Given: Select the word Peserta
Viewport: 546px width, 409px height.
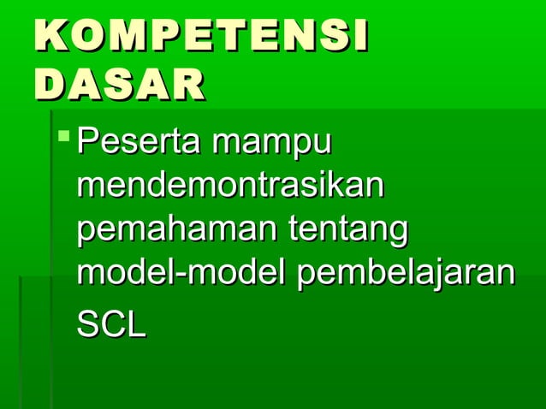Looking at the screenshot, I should tap(138, 141).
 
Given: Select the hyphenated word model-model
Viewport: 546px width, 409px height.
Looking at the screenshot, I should tap(181, 276).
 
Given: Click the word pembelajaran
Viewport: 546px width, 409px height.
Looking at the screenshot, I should tap(406, 276).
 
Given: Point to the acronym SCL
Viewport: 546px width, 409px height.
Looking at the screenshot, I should tap(111, 325).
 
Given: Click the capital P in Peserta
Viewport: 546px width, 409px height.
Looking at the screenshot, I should tap(86, 141).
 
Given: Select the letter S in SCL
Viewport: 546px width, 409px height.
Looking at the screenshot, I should tap(88, 325).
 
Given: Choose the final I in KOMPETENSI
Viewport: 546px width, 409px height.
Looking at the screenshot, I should tap(359, 39).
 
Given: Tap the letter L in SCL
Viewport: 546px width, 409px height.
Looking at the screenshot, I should tap(136, 325).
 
